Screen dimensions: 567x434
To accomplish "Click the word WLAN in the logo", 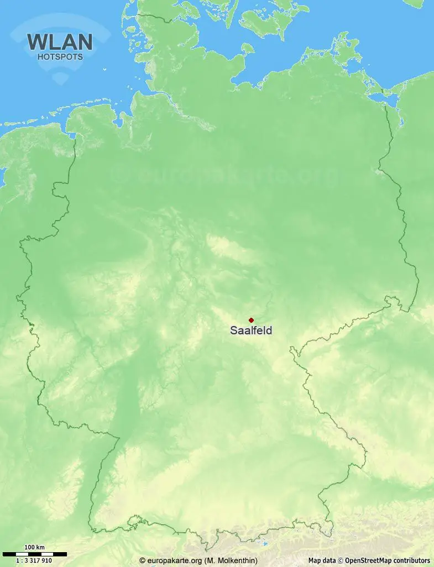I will (x=59, y=43).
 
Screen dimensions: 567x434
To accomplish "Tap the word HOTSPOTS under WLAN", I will (x=60, y=56).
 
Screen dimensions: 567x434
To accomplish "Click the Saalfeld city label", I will (x=251, y=330).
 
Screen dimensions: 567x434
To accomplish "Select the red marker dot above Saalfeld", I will (x=251, y=320).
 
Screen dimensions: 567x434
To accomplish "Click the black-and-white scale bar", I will (x=34, y=554).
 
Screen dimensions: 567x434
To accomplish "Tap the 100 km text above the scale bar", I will (x=34, y=548).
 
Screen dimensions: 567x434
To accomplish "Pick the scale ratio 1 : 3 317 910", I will (x=34, y=560).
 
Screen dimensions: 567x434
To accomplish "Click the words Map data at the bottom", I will (x=322, y=560).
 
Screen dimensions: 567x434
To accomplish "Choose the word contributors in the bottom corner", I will (x=412, y=560).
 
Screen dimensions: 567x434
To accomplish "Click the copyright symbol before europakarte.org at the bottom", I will (x=143, y=560).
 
